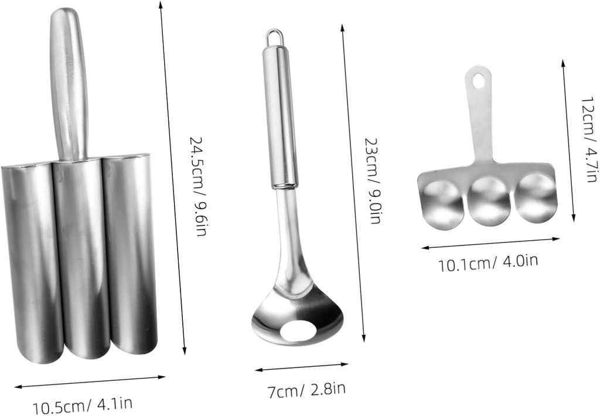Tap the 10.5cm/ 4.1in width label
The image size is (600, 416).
tap(83, 405)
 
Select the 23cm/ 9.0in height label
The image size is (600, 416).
tap(372, 181)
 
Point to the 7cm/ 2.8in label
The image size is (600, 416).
tap(306, 388)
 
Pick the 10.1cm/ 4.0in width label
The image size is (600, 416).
tap(488, 262)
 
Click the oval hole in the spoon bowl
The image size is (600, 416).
tap(300, 331)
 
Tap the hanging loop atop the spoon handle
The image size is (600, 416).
tap(273, 37)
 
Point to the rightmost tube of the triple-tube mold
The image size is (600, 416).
tap(130, 255)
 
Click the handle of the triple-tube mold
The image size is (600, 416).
tap(69, 82)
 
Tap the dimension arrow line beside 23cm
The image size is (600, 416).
tap(353, 182)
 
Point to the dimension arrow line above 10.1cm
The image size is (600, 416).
tap(490, 243)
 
